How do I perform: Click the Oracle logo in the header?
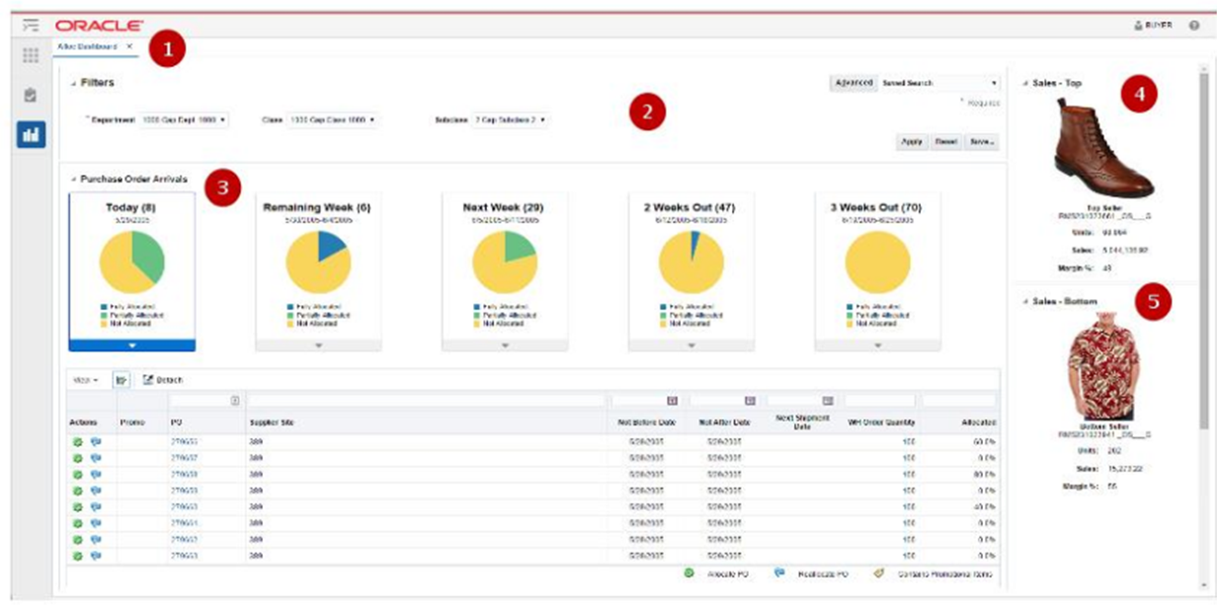tap(99, 25)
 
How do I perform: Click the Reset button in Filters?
tap(945, 141)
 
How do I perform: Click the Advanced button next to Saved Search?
tap(852, 83)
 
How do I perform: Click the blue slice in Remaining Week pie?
tap(331, 247)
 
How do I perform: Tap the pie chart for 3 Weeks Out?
tap(877, 264)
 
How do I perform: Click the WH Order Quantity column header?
tap(881, 422)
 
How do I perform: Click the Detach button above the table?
tap(163, 379)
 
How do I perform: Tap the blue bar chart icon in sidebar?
tap(31, 135)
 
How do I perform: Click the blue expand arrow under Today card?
tap(131, 345)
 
